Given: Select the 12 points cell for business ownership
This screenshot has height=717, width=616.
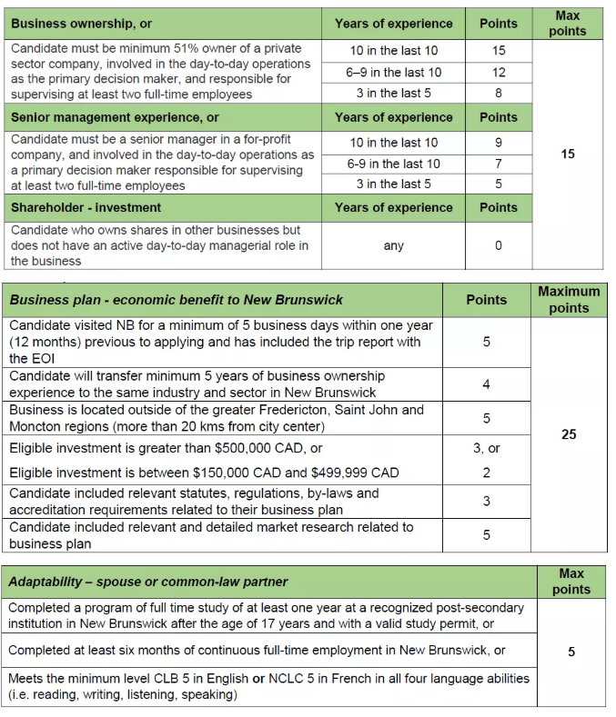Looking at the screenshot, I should [x=498, y=72].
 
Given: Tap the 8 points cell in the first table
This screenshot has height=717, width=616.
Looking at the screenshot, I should [x=498, y=93].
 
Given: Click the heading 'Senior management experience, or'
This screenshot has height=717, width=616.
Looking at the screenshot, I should [x=115, y=117].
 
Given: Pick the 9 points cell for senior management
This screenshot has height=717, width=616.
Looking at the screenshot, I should [x=498, y=142].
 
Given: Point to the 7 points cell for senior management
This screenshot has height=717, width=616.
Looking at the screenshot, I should [x=498, y=164].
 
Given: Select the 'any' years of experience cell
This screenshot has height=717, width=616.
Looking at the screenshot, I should [x=393, y=245].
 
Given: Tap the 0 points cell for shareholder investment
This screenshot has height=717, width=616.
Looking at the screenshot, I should [x=498, y=245].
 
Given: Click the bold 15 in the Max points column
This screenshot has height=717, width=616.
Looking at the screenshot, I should [x=568, y=154].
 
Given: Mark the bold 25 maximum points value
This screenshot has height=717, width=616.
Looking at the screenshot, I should [x=569, y=434].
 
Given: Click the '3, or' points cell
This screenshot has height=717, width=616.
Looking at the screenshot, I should [x=487, y=448].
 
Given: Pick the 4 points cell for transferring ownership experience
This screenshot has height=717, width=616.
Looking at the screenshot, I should [x=486, y=384].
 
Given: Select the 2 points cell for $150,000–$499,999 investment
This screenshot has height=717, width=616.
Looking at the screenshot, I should [x=486, y=473].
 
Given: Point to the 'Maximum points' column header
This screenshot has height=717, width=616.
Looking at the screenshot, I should [x=569, y=300].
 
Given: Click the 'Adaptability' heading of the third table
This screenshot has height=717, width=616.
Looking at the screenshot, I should [x=148, y=582].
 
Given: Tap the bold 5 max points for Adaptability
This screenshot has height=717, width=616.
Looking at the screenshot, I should [x=571, y=652].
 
